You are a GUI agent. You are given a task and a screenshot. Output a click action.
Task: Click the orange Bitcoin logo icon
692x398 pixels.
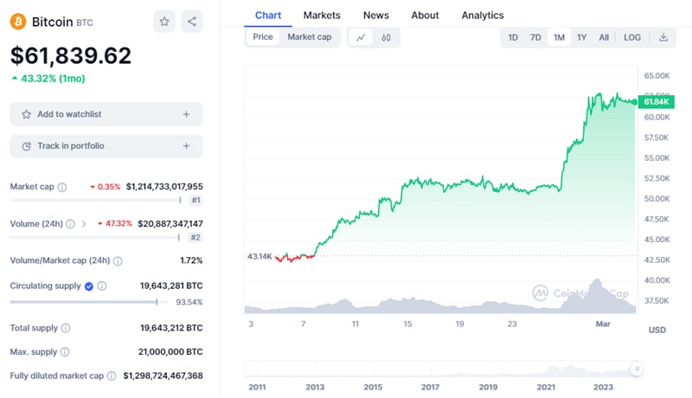pyautogui.click(x=18, y=22)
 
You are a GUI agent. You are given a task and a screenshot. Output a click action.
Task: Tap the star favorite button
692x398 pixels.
pyautogui.click(x=163, y=22)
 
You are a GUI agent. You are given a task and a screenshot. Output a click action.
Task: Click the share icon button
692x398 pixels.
pyautogui.click(x=191, y=22)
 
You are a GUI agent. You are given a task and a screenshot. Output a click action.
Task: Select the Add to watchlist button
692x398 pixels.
pyautogui.click(x=106, y=114)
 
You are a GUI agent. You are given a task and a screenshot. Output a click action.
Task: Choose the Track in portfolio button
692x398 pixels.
pyautogui.click(x=106, y=146)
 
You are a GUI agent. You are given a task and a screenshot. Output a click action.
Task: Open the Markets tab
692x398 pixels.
pyautogui.click(x=322, y=15)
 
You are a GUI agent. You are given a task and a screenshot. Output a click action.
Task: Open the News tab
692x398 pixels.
pyautogui.click(x=375, y=15)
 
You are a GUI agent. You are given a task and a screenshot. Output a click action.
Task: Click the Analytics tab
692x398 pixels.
pyautogui.click(x=483, y=15)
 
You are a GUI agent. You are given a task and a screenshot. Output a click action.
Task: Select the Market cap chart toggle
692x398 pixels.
pyautogui.click(x=309, y=37)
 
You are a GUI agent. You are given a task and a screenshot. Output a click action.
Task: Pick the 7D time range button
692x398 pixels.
pyautogui.click(x=535, y=37)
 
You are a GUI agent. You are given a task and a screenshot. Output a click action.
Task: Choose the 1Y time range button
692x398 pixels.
pyautogui.click(x=581, y=37)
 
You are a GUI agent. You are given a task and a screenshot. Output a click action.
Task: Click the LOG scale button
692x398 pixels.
pyautogui.click(x=632, y=37)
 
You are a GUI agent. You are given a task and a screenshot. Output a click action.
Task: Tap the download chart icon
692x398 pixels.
pyautogui.click(x=663, y=37)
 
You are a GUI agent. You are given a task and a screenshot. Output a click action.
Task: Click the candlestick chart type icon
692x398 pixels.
pyautogui.click(x=386, y=37)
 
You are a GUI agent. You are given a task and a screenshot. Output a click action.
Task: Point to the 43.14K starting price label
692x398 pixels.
pyautogui.click(x=259, y=256)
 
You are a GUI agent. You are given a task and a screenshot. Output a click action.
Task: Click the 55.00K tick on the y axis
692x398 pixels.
pyautogui.click(x=657, y=157)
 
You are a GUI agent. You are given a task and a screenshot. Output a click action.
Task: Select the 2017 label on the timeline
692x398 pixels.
pyautogui.click(x=430, y=387)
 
